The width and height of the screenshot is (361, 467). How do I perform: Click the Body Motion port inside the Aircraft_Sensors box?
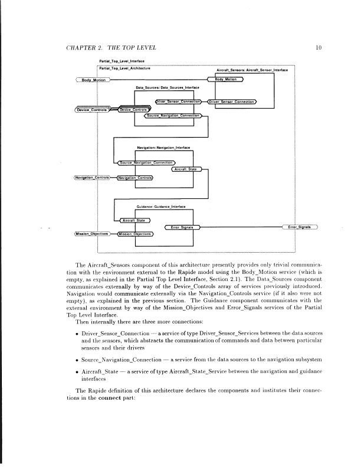[x=226, y=79]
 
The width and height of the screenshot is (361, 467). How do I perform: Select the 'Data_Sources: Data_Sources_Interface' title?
[x=168, y=87]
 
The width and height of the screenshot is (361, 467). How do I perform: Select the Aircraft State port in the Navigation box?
[x=187, y=169]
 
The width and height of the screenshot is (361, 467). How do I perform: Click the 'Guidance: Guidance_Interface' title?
[x=160, y=207]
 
